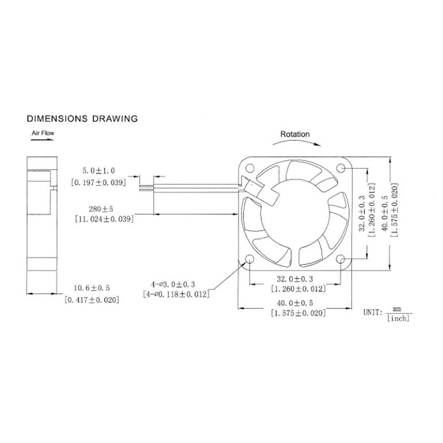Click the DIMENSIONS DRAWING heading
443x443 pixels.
click(82, 119)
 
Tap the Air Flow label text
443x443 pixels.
click(43, 132)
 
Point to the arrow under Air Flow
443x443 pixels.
click(43, 139)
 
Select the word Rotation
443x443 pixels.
click(295, 134)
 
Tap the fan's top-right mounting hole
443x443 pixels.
click(341, 168)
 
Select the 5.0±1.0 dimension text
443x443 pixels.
click(99, 170)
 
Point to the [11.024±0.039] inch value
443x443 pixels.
click(102, 218)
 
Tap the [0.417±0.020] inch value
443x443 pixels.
click(92, 300)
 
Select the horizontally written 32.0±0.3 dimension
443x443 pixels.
click(295, 279)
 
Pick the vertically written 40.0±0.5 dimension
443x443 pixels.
click(384, 212)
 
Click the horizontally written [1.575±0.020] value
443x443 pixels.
click(298, 313)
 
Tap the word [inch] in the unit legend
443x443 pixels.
click(398, 318)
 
